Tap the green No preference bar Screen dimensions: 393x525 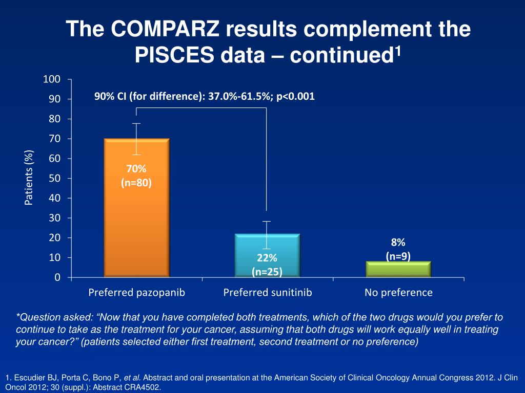click(398, 269)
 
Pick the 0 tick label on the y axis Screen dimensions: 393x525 click(57, 277)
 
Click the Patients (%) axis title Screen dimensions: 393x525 click(29, 178)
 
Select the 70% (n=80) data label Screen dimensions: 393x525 click(136, 175)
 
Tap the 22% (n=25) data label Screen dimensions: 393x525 click(267, 265)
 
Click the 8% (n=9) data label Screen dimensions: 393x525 click(398, 249)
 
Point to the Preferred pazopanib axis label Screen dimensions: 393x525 click(136, 293)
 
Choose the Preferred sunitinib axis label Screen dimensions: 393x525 click(267, 293)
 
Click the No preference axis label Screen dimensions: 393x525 click(398, 293)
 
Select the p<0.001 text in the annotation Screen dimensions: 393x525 click(295, 96)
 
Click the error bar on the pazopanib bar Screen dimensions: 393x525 click(136, 139)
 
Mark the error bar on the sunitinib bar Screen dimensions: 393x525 click(267, 234)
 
